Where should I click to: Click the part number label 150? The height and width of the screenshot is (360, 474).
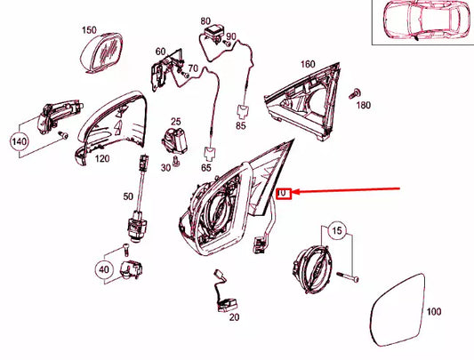[x=89, y=29]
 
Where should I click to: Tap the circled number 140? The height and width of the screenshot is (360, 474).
[x=20, y=140]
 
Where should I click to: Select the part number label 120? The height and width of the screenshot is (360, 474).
[x=103, y=159]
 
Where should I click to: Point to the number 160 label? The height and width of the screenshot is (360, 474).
[x=308, y=64]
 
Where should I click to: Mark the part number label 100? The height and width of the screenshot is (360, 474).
[x=433, y=312]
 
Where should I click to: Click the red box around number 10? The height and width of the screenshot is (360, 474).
[x=283, y=192]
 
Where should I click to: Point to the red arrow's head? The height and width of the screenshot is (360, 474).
[x=297, y=191]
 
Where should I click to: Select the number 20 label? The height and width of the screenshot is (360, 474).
[x=234, y=316]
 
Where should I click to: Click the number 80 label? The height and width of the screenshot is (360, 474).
[x=206, y=20]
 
